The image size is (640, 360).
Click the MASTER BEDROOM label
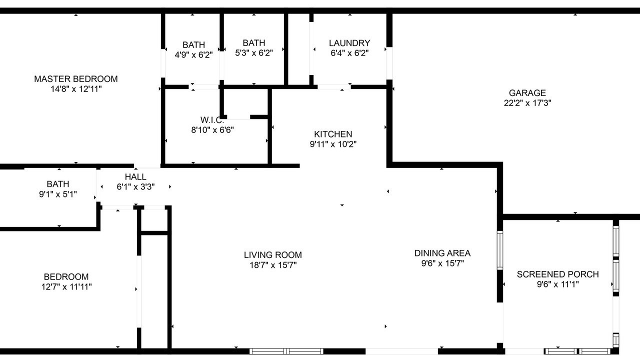pos(75,79)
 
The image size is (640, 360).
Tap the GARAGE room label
pos(527,93)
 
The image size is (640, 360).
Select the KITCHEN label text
pos(333,134)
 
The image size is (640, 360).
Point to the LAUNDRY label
pos(349,43)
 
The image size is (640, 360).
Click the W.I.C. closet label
pos(212,119)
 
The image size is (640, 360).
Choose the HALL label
pos(135,177)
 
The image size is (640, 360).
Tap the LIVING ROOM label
pos(273,255)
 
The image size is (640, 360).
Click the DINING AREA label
pos(442,253)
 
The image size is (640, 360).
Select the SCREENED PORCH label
pos(557,274)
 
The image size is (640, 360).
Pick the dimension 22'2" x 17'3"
pos(527,103)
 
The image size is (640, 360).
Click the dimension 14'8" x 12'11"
pos(76,89)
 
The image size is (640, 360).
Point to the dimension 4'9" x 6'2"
pos(193,55)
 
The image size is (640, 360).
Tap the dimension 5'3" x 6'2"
pos(253,53)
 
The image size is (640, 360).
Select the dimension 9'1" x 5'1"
pos(58,194)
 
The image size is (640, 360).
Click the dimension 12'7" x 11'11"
pos(66,286)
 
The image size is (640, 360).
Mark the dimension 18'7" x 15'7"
pos(273,265)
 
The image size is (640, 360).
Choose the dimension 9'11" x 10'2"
pos(333,144)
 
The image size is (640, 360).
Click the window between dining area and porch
pos(499,250)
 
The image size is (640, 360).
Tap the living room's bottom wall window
pos(286,351)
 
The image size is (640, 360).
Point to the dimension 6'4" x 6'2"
pos(349,53)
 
